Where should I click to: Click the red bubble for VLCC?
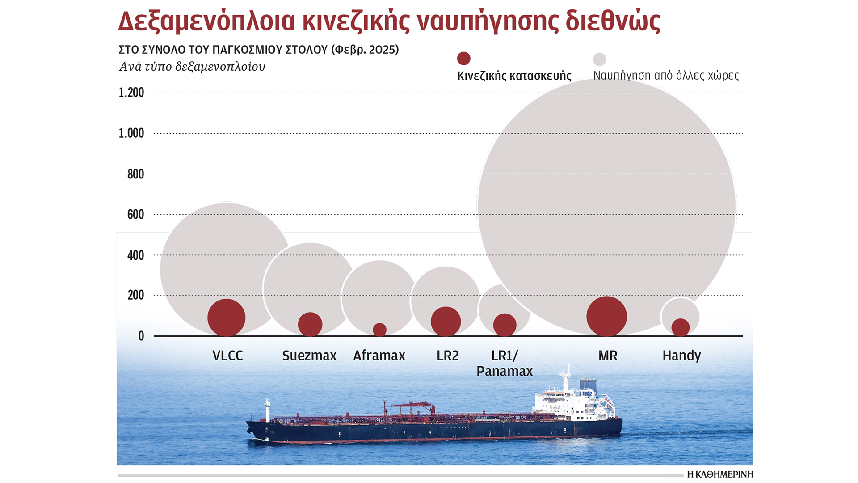pos(227,318)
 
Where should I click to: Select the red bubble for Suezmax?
pos(310,324)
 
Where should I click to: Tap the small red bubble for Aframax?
pos(379,330)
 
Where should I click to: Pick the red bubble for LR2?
pos(446,322)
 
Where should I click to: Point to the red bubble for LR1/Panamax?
pos(505,325)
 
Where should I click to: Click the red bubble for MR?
pos(606,316)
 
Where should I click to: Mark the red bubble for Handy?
pos(680,327)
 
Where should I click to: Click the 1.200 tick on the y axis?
pos(131,93)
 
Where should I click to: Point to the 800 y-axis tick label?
pos(135,174)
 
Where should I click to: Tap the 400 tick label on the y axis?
pos(135,255)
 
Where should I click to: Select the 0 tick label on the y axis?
pos(141,336)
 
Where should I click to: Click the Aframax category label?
pos(379,356)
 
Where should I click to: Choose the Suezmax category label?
pos(309,356)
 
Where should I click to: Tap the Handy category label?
pos(681,356)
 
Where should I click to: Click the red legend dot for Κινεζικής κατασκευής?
pos(463,59)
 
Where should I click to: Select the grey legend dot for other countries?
pos(599,59)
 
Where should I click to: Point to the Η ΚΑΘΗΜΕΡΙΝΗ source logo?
pos(720,474)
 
